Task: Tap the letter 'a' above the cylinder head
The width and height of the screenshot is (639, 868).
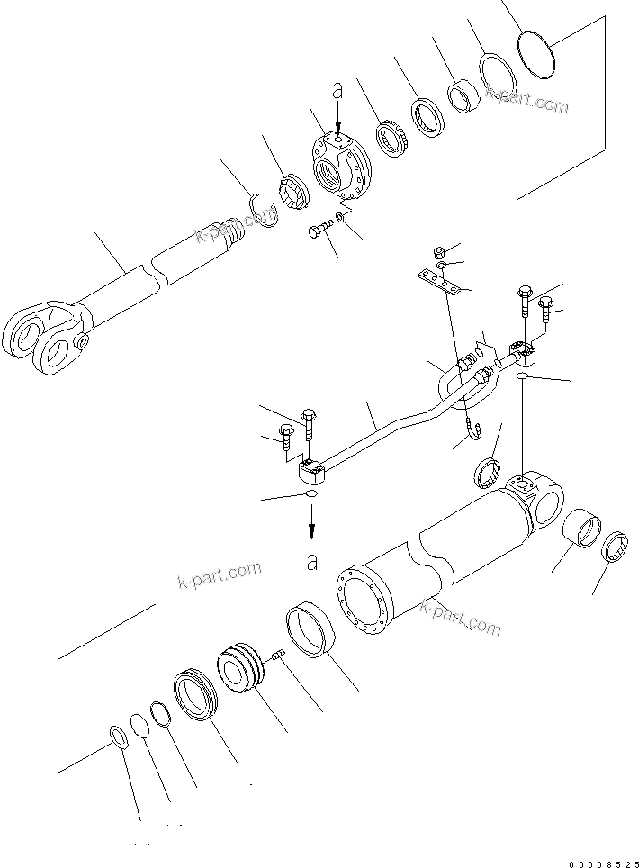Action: pyautogui.click(x=337, y=90)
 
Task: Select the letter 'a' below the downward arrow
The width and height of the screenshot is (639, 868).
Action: pyautogui.click(x=312, y=563)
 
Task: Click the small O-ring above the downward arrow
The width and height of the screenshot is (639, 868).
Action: pyautogui.click(x=310, y=495)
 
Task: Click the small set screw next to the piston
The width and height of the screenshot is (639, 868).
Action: pyautogui.click(x=278, y=654)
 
